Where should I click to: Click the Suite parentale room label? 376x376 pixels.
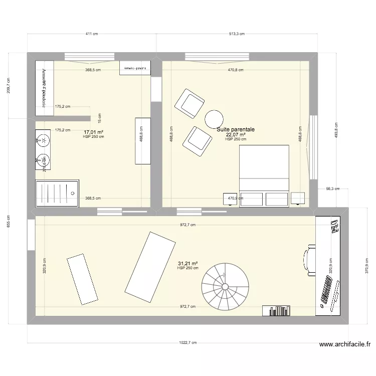click(236, 129)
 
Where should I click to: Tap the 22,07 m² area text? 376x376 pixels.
click(236, 134)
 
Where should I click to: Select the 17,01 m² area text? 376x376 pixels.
click(93, 132)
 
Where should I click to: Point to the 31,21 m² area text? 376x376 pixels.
click(187, 263)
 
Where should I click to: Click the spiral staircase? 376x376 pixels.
click(226, 287)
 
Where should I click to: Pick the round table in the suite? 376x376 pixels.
click(214, 119)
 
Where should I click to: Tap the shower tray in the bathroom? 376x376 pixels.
click(57, 194)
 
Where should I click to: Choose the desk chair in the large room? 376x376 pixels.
click(309, 261)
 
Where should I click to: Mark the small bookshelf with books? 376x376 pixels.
click(276, 311)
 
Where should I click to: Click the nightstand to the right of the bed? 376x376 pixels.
click(298, 199)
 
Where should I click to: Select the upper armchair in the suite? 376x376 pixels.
click(189, 104)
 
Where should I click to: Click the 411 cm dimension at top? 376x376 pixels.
click(91, 34)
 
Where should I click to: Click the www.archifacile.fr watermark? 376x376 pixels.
click(345, 345)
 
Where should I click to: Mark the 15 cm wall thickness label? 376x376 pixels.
click(99, 118)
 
